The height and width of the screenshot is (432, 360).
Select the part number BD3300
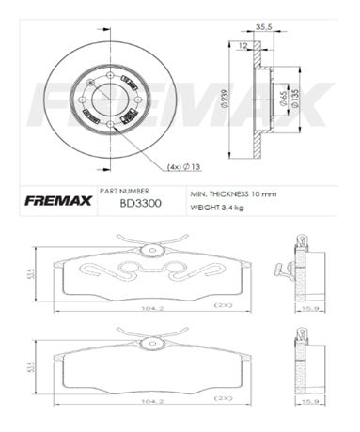137,202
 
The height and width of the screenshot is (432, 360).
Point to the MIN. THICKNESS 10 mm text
230,193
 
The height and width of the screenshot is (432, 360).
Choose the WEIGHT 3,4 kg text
217,206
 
